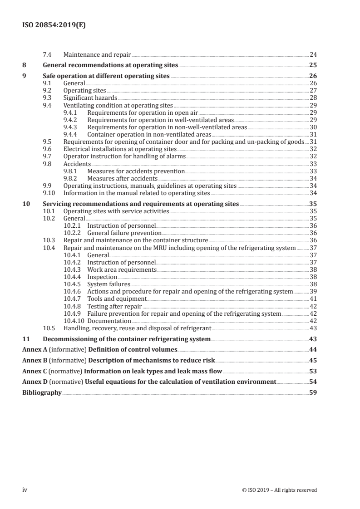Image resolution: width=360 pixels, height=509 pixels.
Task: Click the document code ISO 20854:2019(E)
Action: [54, 26]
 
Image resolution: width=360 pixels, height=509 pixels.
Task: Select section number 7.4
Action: [47, 54]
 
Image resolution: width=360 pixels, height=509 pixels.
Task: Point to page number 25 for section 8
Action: [313, 65]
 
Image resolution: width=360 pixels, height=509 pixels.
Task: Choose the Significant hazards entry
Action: [90, 98]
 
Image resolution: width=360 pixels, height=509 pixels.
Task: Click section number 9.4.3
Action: [74, 127]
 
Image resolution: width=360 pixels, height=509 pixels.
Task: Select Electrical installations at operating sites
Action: [120, 149]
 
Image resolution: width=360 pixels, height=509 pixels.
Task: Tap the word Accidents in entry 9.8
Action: [77, 163]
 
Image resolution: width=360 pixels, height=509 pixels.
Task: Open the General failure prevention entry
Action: [124, 232]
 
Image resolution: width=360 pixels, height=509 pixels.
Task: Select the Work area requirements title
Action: [122, 269]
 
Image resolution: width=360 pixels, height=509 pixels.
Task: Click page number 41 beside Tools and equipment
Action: [313, 299]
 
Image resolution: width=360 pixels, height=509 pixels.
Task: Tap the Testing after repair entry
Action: [114, 306]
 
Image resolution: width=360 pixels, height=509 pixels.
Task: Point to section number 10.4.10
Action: [74, 321]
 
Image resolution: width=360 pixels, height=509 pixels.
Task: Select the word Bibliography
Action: [42, 393]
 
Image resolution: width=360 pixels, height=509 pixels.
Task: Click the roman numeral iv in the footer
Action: [25, 489]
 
